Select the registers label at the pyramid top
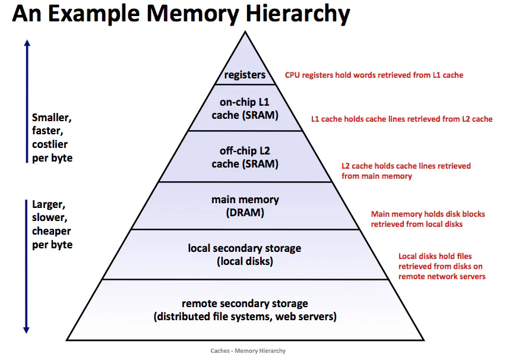pyautogui.click(x=245, y=75)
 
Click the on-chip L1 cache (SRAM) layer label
pyautogui.click(x=245, y=109)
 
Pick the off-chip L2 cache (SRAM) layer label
pyautogui.click(x=245, y=157)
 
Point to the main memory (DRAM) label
pyautogui.click(x=245, y=206)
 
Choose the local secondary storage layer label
pyautogui.click(x=245, y=254)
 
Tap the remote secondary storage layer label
pyautogui.click(x=245, y=310)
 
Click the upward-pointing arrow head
pyautogui.click(x=26, y=44)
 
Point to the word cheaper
pyautogui.click(x=52, y=231)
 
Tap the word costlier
pyautogui.click(x=50, y=144)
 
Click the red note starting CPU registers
pyautogui.click(x=374, y=75)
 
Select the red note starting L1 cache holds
pyautogui.click(x=402, y=119)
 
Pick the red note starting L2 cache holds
pyautogui.click(x=406, y=171)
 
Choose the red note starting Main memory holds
pyautogui.click(x=428, y=219)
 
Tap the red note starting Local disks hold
pyautogui.click(x=442, y=267)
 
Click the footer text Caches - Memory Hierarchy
pyautogui.click(x=248, y=351)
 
